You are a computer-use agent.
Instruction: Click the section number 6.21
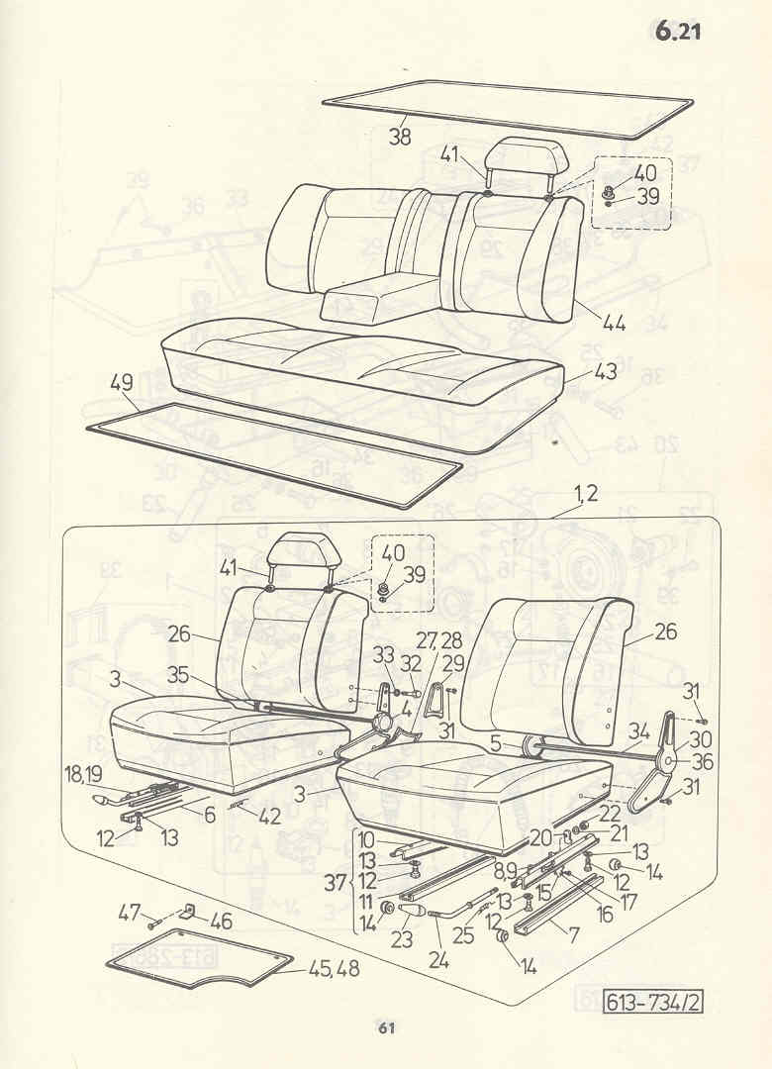(x=678, y=32)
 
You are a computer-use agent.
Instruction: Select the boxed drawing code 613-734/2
(x=652, y=1002)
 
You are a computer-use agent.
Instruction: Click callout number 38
(x=400, y=137)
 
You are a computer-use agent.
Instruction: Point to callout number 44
(x=614, y=323)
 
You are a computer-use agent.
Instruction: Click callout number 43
(x=605, y=371)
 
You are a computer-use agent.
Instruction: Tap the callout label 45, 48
(x=335, y=969)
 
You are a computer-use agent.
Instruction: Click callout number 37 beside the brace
(x=335, y=884)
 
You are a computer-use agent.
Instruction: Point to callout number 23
(x=402, y=940)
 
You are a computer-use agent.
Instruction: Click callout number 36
(x=703, y=761)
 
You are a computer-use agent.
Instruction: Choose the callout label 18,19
(x=84, y=773)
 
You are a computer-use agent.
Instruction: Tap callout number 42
(x=269, y=816)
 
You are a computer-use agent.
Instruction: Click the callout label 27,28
(x=442, y=640)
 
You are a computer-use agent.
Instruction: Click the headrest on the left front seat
(x=299, y=552)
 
